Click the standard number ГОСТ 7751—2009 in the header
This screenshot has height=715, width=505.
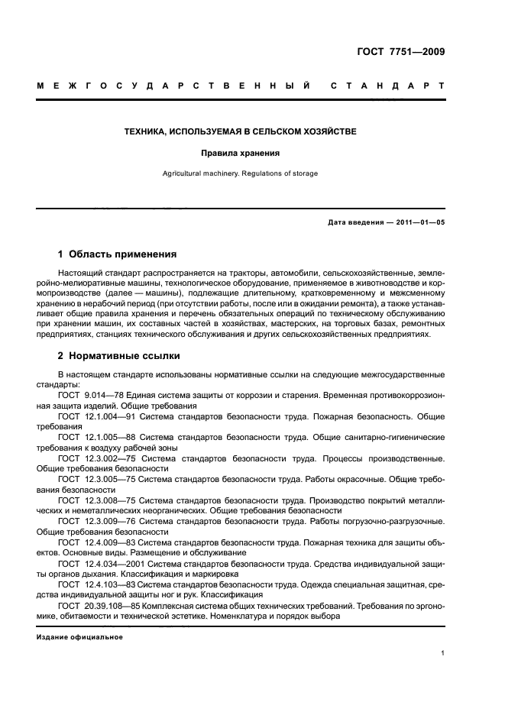(400, 52)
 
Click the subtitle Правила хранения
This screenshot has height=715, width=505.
(241, 153)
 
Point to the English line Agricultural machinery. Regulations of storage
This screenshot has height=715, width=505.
(241, 173)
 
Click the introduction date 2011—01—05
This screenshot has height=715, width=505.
(418, 222)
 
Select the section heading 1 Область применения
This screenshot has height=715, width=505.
(118, 254)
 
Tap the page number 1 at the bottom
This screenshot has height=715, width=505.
(443, 653)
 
